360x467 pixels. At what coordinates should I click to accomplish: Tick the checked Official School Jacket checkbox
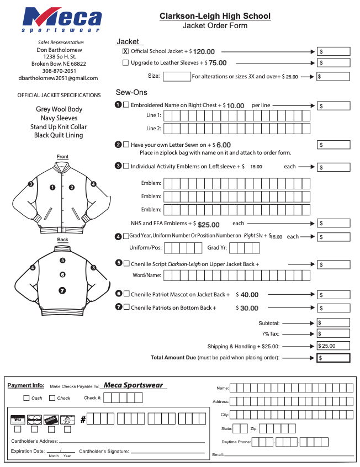125,51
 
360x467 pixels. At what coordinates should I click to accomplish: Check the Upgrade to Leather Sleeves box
125,63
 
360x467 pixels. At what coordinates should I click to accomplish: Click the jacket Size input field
176,77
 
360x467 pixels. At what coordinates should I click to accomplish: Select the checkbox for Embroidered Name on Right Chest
126,105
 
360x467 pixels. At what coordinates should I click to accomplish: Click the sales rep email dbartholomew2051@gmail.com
58,78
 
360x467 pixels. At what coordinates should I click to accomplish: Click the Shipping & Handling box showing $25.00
333,346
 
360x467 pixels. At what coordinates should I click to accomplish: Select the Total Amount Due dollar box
333,358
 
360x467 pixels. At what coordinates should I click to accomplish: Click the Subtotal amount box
333,323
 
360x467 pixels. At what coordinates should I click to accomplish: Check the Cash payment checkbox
27,398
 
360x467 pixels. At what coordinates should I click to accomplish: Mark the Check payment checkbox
52,398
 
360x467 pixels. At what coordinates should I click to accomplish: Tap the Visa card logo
18,420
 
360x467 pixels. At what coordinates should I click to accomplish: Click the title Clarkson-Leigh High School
215,16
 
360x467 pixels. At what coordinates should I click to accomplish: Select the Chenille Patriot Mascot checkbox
126,294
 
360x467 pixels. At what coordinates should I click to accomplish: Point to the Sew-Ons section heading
131,92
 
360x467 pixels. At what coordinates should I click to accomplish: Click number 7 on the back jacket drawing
62,290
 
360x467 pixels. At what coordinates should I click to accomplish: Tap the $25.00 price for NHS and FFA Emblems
208,225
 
